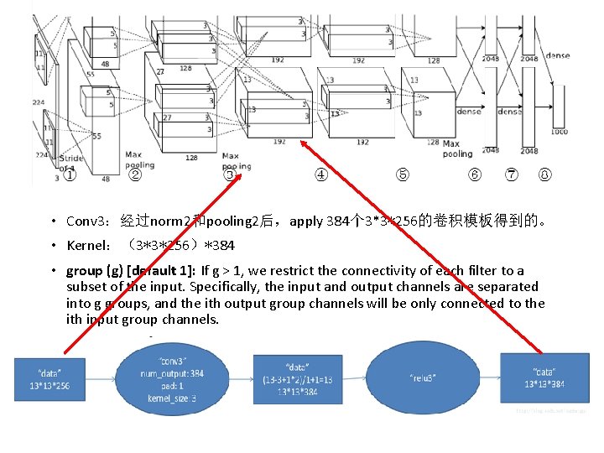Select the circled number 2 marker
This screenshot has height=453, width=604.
pyautogui.click(x=134, y=175)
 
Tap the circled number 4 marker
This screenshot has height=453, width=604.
pyautogui.click(x=320, y=175)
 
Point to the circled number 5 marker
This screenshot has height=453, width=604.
pyautogui.click(x=403, y=175)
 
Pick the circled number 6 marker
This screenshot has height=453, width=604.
pyautogui.click(x=475, y=175)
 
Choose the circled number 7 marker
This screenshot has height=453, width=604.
pyautogui.click(x=511, y=175)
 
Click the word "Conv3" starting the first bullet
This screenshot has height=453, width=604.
pyautogui.click(x=86, y=222)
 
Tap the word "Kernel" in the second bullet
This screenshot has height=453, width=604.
pyautogui.click(x=86, y=247)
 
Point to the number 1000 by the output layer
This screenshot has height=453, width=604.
pyautogui.click(x=559, y=131)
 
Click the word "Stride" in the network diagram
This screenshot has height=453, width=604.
pyautogui.click(x=70, y=158)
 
